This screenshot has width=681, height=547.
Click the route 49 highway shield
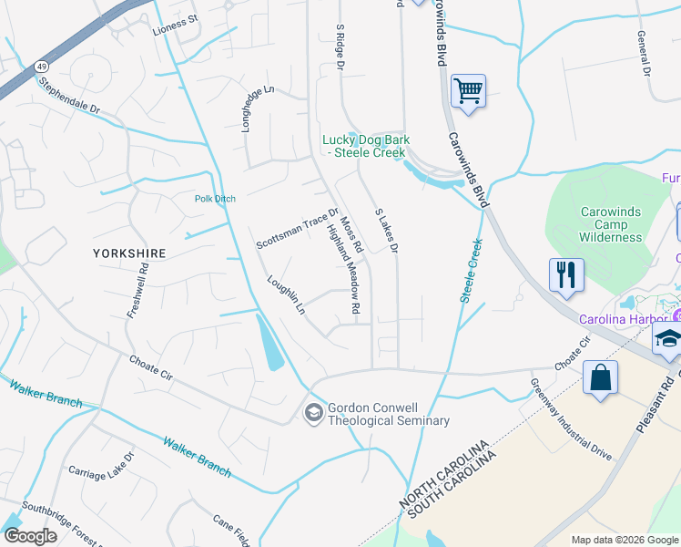42,67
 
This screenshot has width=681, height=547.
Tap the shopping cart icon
468,91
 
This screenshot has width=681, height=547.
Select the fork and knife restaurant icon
566,274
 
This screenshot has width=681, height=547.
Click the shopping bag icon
600,378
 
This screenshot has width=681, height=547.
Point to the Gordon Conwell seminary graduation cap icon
314,414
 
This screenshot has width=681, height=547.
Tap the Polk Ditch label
216,198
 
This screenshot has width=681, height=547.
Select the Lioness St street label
175,19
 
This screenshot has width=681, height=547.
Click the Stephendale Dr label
68,94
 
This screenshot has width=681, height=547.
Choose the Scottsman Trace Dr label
297,229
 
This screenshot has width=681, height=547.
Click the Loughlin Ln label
285,296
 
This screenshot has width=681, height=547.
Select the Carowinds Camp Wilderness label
611,224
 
